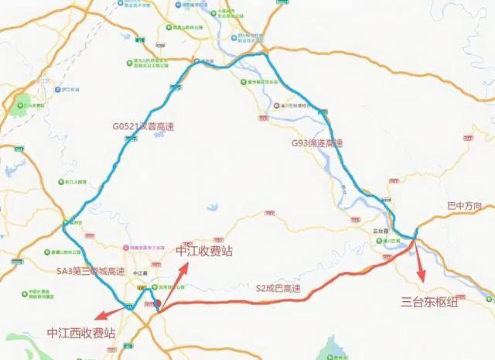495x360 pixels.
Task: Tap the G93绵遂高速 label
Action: pyautogui.click(x=316, y=143)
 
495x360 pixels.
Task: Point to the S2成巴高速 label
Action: pyautogui.click(x=279, y=289)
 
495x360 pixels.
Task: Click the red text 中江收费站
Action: pyautogui.click(x=203, y=251)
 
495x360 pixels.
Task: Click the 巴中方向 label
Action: pyautogui.click(x=464, y=206)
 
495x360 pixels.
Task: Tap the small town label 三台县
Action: pyautogui.click(x=381, y=231)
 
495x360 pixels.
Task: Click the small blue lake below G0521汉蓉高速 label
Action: pyautogui.click(x=159, y=132)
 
